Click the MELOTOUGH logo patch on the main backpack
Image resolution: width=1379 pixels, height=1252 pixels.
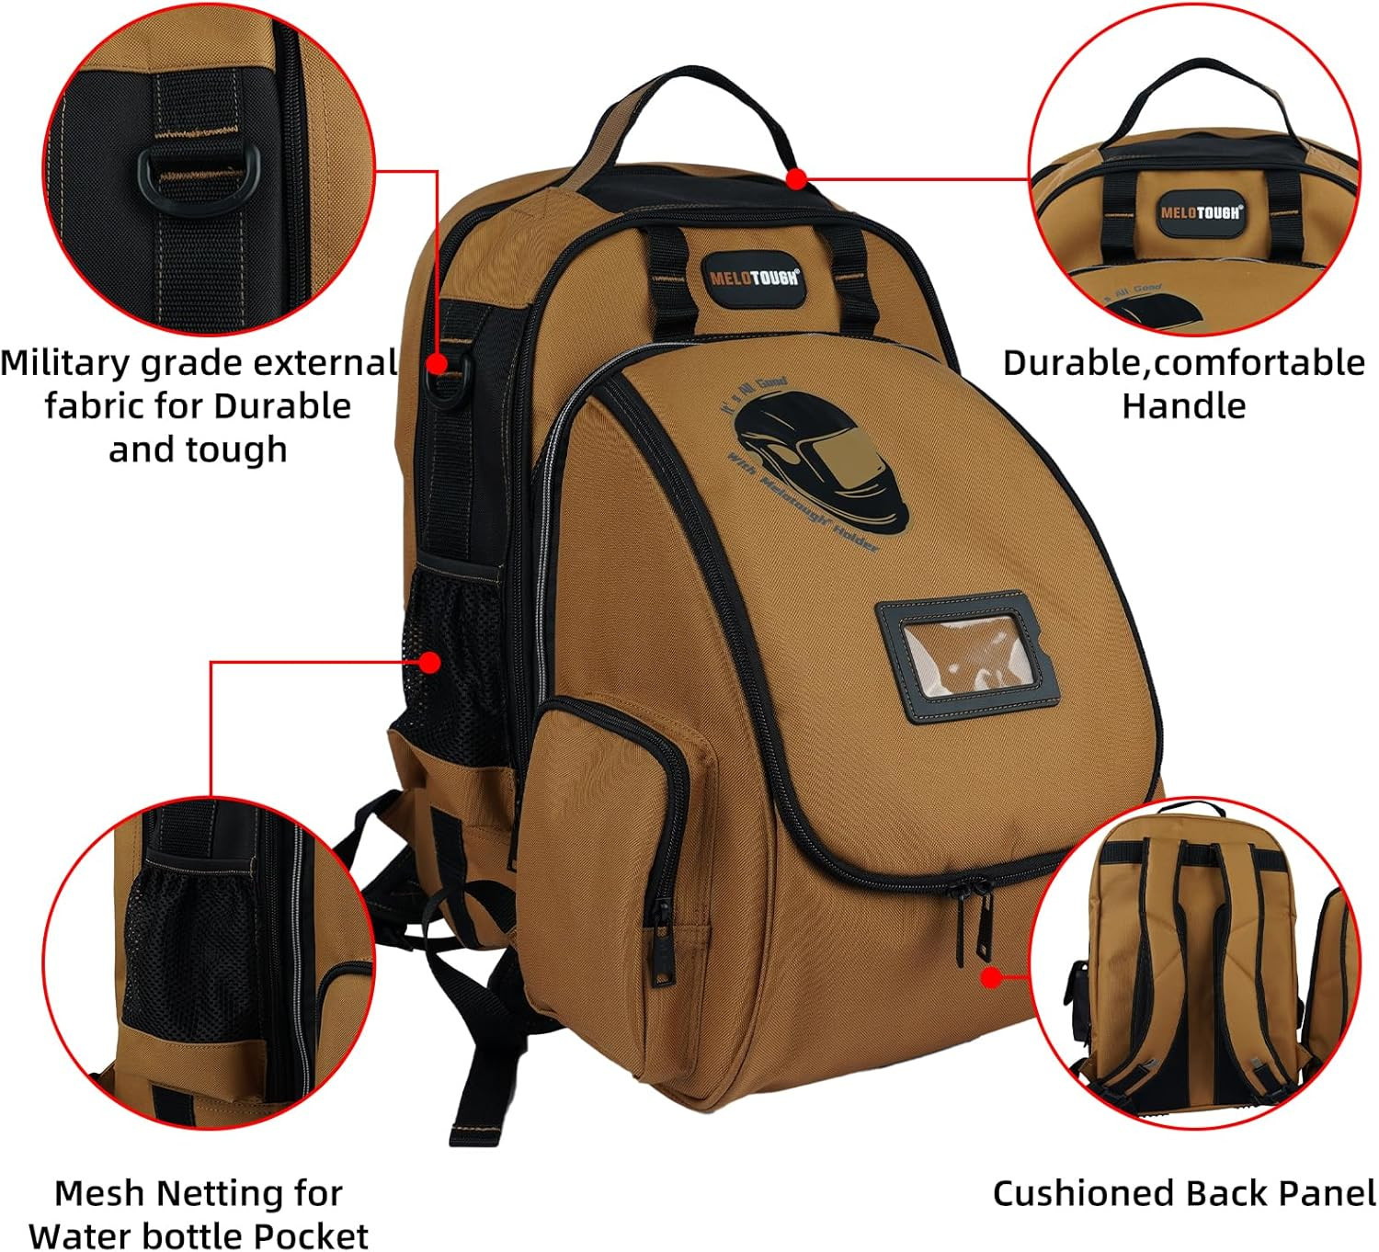tap(754, 278)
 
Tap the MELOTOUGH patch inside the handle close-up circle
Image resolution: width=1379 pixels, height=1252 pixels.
tap(1201, 212)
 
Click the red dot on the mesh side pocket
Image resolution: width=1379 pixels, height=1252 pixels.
tap(430, 662)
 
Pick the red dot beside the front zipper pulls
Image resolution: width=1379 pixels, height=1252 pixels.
tap(990, 976)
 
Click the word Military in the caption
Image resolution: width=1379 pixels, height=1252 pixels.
tap(65, 363)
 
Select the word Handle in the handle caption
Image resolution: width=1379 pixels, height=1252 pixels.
tap(1183, 405)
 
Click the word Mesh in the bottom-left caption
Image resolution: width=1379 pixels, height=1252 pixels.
tap(100, 1193)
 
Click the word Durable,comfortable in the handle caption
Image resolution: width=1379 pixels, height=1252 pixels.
tap(1183, 363)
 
